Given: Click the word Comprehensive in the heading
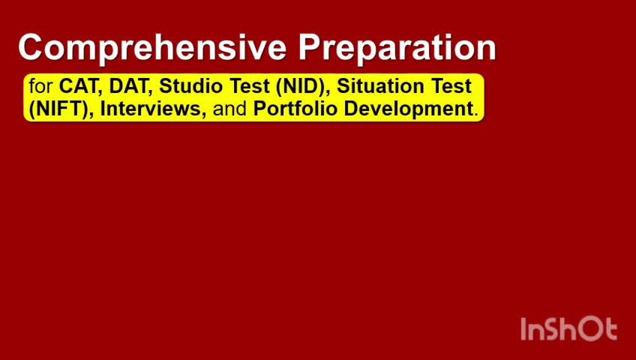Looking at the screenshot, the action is [x=152, y=49].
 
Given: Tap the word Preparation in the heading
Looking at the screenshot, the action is [x=397, y=49].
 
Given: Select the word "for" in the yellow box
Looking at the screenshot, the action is [x=41, y=86].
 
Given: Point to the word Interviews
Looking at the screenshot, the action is [x=152, y=109].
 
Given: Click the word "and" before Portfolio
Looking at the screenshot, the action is [x=229, y=109].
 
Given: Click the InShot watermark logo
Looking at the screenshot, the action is [x=568, y=328].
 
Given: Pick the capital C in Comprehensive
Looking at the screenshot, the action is [x=31, y=47].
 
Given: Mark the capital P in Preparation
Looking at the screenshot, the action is [x=310, y=47].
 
